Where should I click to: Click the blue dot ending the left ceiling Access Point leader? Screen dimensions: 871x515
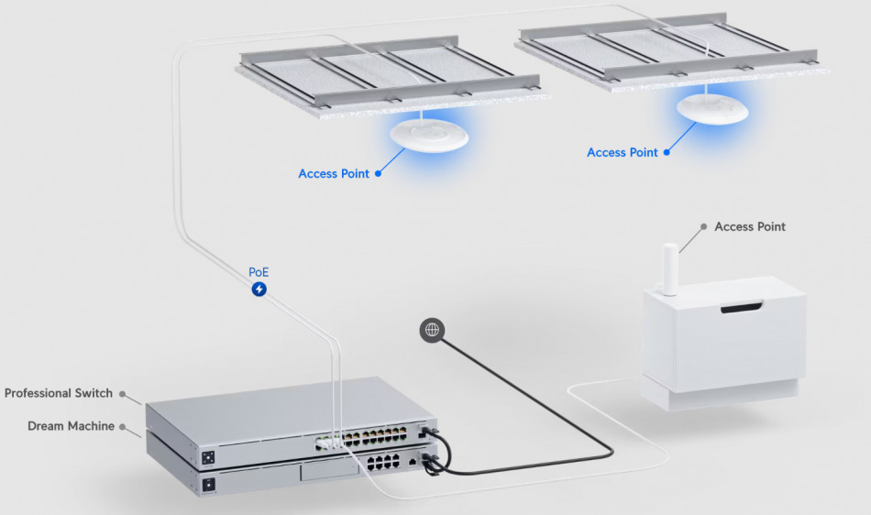pos(379,174)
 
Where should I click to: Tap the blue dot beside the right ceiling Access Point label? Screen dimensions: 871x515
pos(667,152)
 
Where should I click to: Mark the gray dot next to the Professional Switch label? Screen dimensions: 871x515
pos(122,394)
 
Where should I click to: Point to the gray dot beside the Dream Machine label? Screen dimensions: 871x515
pos(122,427)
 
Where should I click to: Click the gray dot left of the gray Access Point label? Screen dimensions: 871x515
pos(704,226)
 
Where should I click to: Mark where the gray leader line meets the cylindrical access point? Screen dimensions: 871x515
pos(679,253)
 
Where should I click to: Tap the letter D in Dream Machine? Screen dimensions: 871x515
pos(32,425)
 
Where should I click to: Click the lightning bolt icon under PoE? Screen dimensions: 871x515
pos(259,290)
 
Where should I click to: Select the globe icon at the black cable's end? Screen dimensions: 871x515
pos(432,330)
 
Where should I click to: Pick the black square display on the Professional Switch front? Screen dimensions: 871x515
pos(208,457)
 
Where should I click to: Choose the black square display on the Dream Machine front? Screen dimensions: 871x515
pos(208,485)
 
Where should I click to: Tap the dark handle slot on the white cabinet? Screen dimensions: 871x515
pos(742,307)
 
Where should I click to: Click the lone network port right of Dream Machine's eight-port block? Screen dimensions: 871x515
pos(413,461)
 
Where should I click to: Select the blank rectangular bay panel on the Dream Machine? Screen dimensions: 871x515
pos(329,471)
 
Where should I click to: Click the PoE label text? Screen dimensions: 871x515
pos(259,272)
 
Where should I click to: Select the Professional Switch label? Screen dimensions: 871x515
pos(59,393)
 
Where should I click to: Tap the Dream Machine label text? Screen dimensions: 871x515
pos(72,425)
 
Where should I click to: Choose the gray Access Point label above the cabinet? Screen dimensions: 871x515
pos(750,226)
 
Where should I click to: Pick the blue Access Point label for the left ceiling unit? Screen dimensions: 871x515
pos(334,174)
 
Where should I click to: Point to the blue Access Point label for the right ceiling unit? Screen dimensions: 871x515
pos(623,152)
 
